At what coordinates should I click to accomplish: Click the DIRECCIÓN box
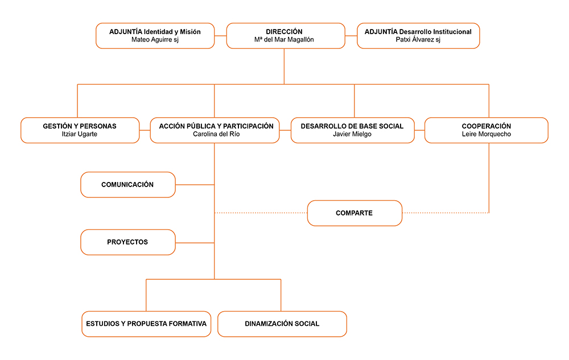286,35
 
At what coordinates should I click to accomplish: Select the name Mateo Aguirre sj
155,39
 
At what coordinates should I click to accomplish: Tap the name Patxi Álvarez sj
418,39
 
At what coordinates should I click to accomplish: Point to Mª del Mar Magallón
284,39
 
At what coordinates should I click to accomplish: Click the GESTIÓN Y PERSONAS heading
80,126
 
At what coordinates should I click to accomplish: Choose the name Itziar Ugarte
80,134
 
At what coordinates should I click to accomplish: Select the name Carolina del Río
216,134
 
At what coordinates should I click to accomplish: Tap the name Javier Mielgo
352,134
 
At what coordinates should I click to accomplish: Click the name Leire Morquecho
486,134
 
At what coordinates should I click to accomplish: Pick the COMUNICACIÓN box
127,184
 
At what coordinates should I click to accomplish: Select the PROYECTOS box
127,242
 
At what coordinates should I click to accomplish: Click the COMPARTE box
354,213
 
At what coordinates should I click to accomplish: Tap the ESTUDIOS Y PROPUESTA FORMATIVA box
146,324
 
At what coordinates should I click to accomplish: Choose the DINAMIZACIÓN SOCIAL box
282,324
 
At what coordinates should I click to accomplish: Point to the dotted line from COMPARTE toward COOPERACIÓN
446,213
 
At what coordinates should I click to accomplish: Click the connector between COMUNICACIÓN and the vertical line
195,184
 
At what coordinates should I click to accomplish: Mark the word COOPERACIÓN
486,126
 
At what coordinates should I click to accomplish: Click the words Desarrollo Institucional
435,32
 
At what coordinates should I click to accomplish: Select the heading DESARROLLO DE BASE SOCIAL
352,126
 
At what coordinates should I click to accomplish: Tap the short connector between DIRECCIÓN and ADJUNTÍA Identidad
220,35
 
